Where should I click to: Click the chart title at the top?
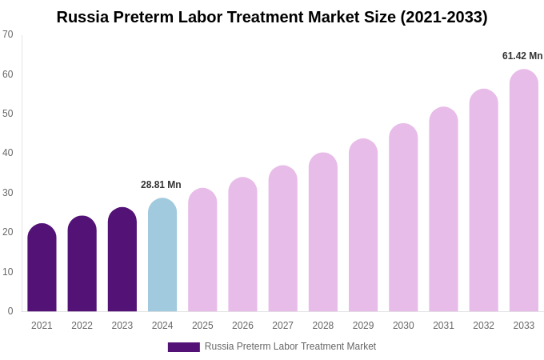coord(272,17)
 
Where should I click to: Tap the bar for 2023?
coord(122,260)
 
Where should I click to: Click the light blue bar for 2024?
coord(162,255)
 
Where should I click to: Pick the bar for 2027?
coord(282,239)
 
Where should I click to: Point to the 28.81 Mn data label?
coord(161,185)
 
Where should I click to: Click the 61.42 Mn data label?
coord(522,56)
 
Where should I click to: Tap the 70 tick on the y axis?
coord(8,34)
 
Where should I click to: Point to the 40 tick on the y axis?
coord(8,153)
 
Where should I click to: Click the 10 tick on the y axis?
coord(8,272)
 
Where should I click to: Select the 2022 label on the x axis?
coord(82,326)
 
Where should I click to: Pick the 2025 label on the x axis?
coord(202,326)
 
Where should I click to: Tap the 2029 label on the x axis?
coord(363,326)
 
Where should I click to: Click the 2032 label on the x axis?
coord(483,326)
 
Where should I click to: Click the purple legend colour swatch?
coord(183,347)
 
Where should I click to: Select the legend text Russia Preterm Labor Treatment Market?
coord(290,346)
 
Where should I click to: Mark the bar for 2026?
coord(242,245)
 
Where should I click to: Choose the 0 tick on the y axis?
coord(10,311)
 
